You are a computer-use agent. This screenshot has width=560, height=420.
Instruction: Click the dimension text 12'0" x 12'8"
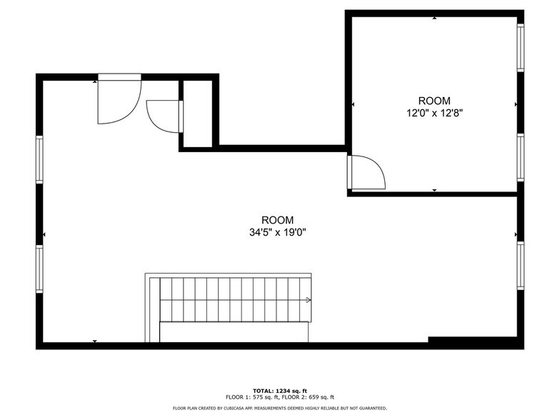(434, 112)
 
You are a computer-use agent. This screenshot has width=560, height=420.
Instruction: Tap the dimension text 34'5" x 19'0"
(277, 231)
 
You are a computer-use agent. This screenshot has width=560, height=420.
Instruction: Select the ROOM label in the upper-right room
(434, 101)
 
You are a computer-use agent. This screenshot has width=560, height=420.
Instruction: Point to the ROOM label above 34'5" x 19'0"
(277, 220)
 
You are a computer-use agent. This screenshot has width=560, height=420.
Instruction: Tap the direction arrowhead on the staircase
(309, 300)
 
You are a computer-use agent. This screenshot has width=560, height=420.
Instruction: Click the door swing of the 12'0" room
(367, 173)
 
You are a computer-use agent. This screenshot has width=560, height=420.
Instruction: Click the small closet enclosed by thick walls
(197, 114)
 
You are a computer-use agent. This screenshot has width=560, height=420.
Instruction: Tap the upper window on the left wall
(40, 160)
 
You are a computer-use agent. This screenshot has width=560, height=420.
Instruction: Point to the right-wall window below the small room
(521, 265)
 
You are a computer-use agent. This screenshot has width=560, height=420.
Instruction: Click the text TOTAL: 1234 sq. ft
(280, 391)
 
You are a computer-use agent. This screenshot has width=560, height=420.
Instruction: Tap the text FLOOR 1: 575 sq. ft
(251, 397)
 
